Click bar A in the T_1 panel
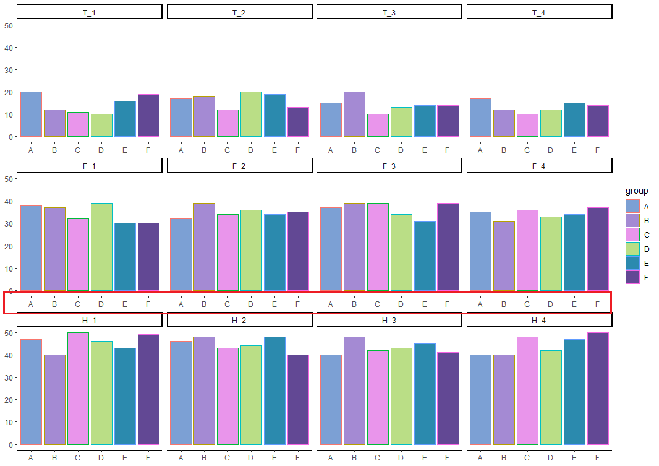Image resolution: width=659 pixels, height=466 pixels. pos(31,114)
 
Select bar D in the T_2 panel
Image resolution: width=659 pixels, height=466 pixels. pos(251,114)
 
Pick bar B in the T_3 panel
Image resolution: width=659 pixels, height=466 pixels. pos(354,114)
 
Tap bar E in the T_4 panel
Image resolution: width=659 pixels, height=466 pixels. pos(574,120)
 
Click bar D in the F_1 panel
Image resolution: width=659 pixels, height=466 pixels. pos(101,247)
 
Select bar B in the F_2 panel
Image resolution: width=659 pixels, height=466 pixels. pos(204,247)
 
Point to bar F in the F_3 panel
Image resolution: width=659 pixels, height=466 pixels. pos(448,247)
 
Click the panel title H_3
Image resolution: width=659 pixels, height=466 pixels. pos(389,320)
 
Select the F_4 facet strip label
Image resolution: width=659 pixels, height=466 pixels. pos(539,166)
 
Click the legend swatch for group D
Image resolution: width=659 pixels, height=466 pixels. pos(632,249)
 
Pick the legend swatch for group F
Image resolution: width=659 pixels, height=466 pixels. pos(632,278)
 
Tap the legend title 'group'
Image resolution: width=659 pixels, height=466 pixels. pos(636,191)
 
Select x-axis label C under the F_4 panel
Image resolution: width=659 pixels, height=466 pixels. pos(527,304)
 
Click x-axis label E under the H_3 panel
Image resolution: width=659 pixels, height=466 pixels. pos(425,458)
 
